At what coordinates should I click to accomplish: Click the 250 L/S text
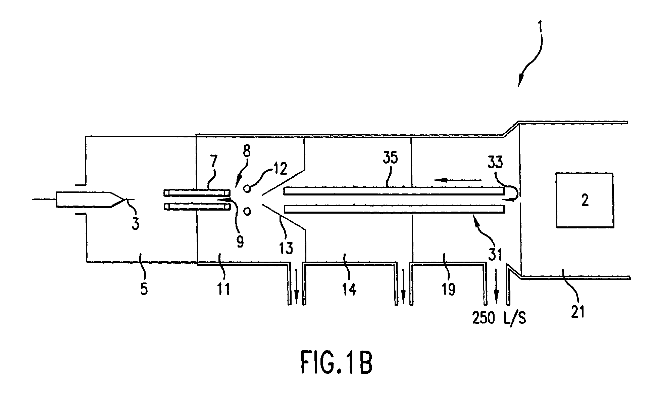click(499, 317)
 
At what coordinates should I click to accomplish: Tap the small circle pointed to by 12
click(247, 188)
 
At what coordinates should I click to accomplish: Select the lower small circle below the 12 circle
click(247, 211)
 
